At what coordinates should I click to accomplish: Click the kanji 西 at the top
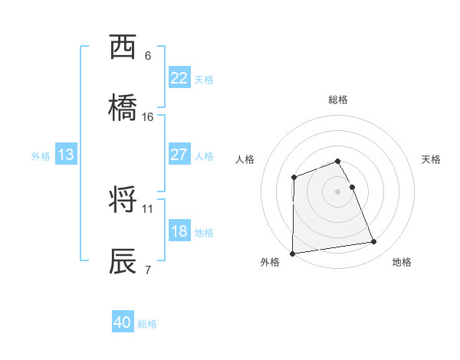(124, 47)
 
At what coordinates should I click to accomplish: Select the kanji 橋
(124, 109)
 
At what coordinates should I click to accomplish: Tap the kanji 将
(124, 201)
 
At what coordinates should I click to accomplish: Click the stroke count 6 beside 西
(147, 56)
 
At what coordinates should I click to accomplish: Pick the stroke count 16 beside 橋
(148, 117)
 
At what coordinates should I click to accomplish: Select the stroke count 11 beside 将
(148, 208)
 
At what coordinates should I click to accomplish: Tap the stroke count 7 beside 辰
(147, 270)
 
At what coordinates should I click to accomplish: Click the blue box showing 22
(179, 78)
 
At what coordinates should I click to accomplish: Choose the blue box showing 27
(179, 155)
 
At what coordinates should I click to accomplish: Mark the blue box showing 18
(179, 231)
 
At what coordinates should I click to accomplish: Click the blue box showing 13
(65, 155)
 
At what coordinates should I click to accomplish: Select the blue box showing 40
(123, 322)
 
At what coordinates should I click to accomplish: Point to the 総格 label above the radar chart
(338, 100)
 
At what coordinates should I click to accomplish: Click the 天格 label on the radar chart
(432, 159)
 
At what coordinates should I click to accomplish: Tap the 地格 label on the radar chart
(402, 262)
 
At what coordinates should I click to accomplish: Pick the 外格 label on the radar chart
(270, 262)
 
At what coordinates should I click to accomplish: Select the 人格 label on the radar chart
(245, 159)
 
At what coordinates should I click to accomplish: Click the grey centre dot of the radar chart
(338, 191)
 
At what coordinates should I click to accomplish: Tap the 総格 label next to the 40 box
(147, 324)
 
